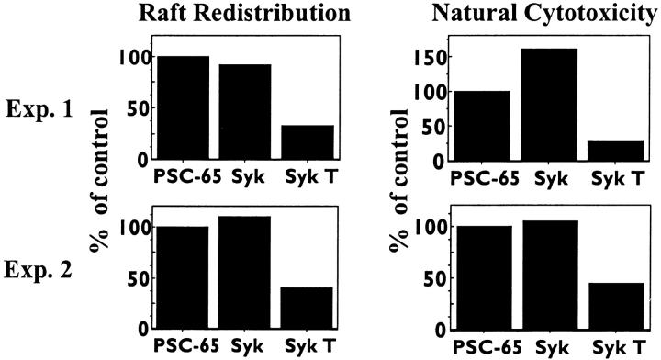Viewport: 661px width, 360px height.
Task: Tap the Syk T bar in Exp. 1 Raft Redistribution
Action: pos(308,142)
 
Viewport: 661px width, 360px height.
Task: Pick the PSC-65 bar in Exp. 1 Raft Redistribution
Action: pos(184,107)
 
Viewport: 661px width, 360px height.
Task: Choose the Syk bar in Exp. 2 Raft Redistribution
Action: pos(245,273)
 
